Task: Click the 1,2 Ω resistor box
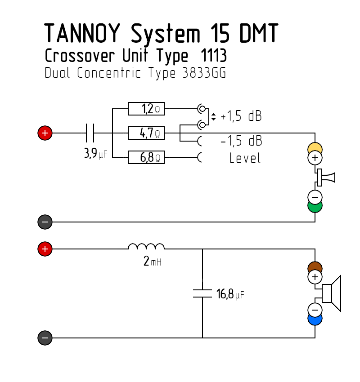click(x=146, y=109)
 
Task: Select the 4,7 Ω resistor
click(x=146, y=133)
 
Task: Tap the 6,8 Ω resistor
click(x=146, y=157)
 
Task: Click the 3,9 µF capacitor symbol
click(x=90, y=133)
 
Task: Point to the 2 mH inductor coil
click(x=146, y=246)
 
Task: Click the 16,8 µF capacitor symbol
click(x=202, y=293)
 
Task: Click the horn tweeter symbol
click(x=326, y=178)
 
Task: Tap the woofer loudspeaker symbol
click(x=332, y=293)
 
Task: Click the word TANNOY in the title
click(x=82, y=33)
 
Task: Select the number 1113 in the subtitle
click(x=214, y=55)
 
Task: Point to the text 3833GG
click(x=204, y=72)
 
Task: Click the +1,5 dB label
click(x=241, y=115)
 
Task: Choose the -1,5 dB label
click(x=241, y=141)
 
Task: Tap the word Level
click(x=245, y=158)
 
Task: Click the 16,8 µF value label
click(x=230, y=294)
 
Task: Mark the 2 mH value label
click(x=153, y=261)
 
